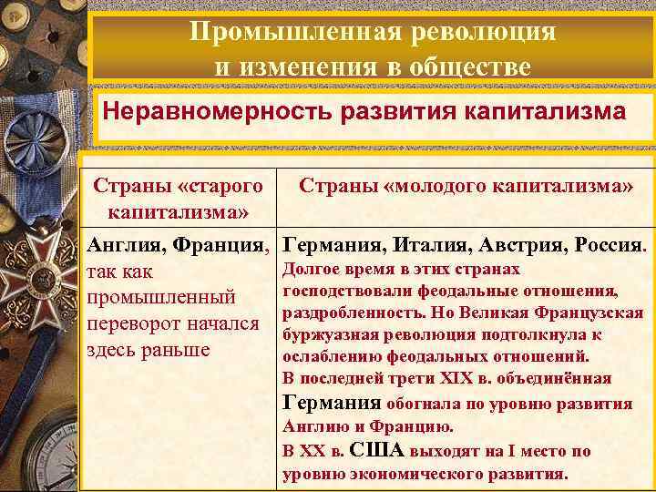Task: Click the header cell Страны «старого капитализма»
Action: (179, 199)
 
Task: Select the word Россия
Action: (604, 245)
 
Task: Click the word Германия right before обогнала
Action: (332, 403)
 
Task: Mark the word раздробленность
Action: (343, 312)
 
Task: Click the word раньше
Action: (179, 351)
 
